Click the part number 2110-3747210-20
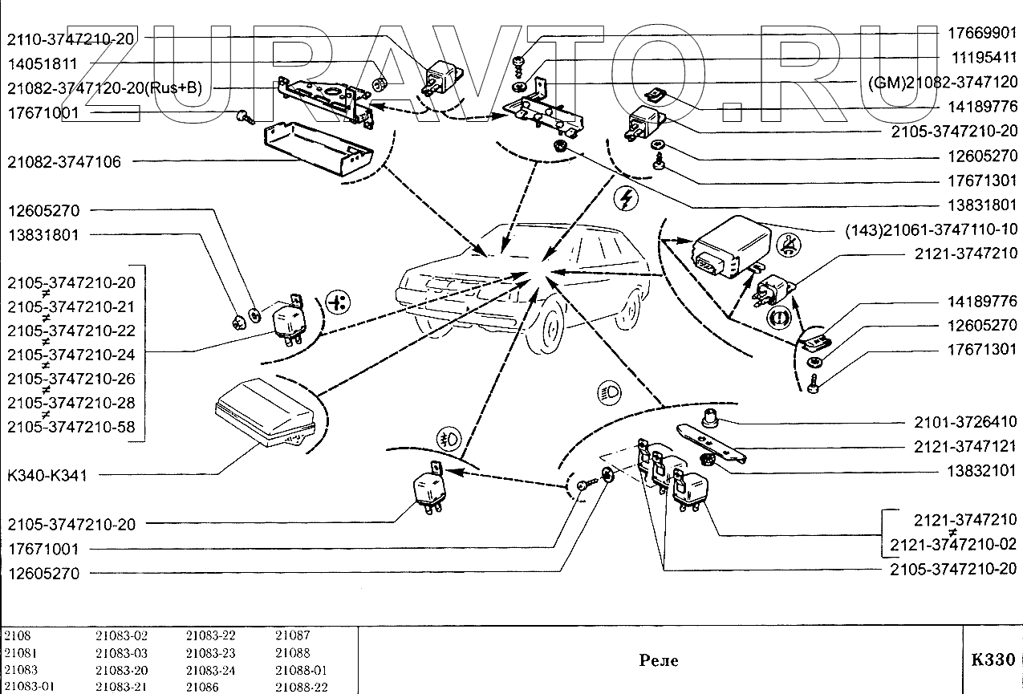point(71,39)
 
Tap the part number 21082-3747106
point(64,162)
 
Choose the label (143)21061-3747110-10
point(931,229)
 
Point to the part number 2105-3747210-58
point(71,427)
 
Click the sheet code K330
point(993,660)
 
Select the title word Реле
point(658,660)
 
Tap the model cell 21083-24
point(210,670)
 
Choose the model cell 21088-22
point(302,688)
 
